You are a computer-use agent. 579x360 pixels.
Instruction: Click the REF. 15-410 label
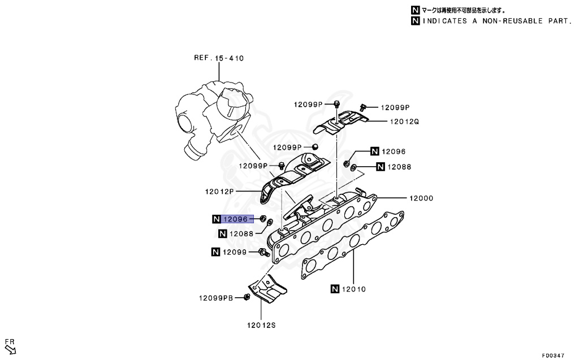219,58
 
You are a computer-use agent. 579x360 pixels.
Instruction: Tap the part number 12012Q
404,121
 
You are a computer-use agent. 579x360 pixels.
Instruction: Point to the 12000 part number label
422,198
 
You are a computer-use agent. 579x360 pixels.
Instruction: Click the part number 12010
355,289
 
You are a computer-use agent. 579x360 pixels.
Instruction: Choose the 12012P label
219,192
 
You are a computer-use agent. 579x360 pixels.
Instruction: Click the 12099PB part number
215,298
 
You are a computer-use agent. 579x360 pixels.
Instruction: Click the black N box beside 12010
335,289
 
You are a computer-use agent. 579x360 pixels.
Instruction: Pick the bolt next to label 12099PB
247,297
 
